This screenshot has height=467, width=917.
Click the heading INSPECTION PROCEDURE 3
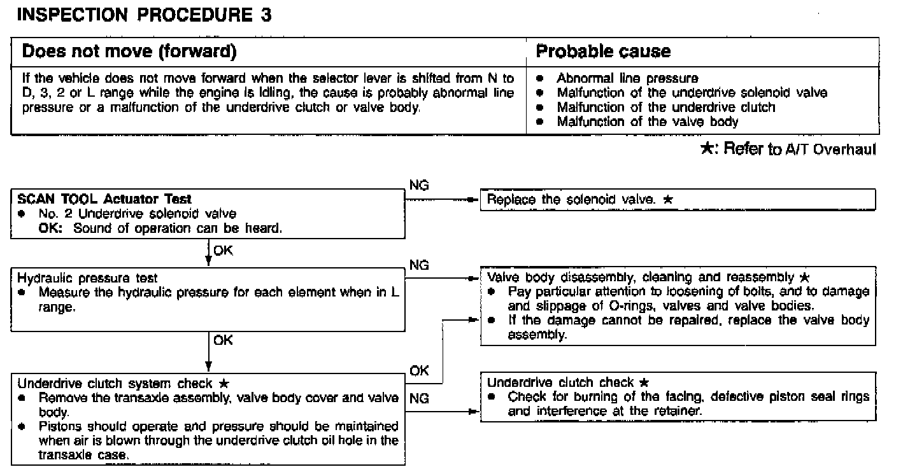pyautogui.click(x=144, y=16)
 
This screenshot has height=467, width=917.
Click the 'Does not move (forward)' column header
pyautogui.click(x=129, y=52)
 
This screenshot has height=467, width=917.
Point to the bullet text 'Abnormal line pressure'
pyautogui.click(x=627, y=79)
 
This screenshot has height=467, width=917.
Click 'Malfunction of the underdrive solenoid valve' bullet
pyautogui.click(x=692, y=93)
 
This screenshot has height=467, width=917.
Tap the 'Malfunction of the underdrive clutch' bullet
pyautogui.click(x=665, y=107)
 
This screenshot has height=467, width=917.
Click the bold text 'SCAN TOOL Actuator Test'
pyautogui.click(x=104, y=199)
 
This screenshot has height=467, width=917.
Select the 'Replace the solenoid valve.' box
pyautogui.click(x=678, y=199)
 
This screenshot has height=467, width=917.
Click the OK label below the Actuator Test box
pyautogui.click(x=224, y=251)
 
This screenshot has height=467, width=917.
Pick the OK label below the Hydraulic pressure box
pyautogui.click(x=224, y=340)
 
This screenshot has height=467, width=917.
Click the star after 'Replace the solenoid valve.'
pyautogui.click(x=668, y=199)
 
